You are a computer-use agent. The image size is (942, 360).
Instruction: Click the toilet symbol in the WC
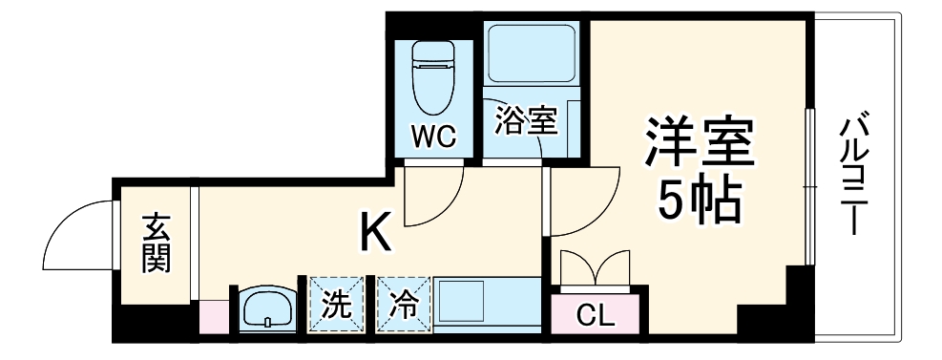tap(433, 76)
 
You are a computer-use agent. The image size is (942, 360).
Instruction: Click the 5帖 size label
tap(698, 200)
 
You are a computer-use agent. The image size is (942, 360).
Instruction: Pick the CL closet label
tap(597, 313)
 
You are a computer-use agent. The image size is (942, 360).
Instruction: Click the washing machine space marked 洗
tap(334, 306)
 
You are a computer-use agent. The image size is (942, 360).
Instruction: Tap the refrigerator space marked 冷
tap(402, 306)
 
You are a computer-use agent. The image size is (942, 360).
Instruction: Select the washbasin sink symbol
tap(265, 308)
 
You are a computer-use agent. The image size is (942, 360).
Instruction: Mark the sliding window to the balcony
tap(808, 186)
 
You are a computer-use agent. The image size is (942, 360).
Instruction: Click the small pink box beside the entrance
tap(214, 315)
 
